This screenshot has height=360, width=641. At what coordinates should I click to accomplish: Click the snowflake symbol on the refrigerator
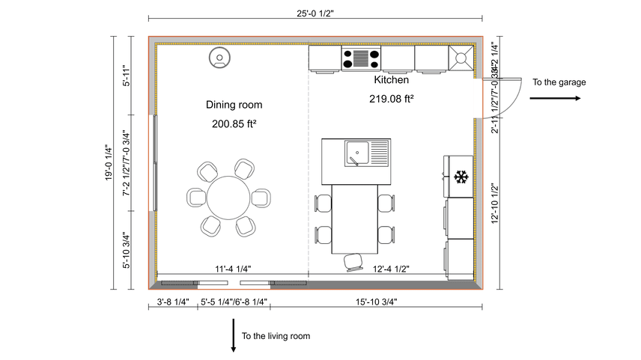tap(461, 177)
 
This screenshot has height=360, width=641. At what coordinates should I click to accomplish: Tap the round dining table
tap(228, 198)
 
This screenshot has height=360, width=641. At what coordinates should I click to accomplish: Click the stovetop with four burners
tap(362, 58)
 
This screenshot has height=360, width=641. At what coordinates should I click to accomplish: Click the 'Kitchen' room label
tap(392, 79)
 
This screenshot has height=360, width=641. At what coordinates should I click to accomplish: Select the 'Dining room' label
tap(234, 105)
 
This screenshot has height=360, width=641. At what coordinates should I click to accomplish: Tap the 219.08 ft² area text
tap(392, 98)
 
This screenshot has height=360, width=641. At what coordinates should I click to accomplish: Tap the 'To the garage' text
tap(559, 82)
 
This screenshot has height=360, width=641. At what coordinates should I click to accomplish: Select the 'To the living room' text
tap(276, 336)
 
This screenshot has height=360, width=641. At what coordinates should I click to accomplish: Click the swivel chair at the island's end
tap(352, 260)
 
